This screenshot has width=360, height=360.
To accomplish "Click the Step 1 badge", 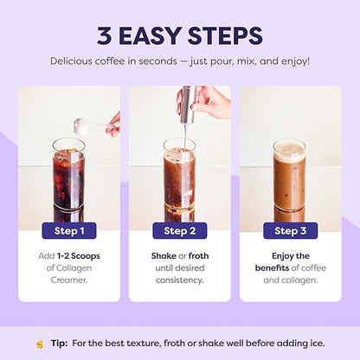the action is pyautogui.click(x=69, y=231).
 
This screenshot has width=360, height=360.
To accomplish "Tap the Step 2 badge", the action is pyautogui.click(x=180, y=231).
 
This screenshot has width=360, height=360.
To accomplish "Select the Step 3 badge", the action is pyautogui.click(x=291, y=231).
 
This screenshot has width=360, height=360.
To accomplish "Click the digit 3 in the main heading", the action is pyautogui.click(x=104, y=35).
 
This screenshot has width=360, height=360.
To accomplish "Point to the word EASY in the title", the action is pyautogui.click(x=150, y=35).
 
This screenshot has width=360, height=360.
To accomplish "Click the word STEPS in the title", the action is pyautogui.click(x=225, y=35).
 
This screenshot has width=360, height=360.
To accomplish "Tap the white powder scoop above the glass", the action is pyautogui.click(x=80, y=126).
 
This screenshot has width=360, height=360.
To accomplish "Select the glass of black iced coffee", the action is pyautogui.click(x=69, y=174).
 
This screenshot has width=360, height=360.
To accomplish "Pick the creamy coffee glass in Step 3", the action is pyautogui.click(x=289, y=175).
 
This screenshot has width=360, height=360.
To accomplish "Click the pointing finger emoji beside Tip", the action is pyautogui.click(x=40, y=344).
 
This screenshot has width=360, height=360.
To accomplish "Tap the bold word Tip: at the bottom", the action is pyautogui.click(x=60, y=344).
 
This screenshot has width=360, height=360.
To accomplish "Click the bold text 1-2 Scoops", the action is pyautogui.click(x=79, y=256).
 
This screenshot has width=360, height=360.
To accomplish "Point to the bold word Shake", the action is pyautogui.click(x=164, y=256).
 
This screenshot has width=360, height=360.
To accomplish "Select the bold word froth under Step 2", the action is pyautogui.click(x=198, y=256).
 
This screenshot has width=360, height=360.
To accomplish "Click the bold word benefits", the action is pyautogui.click(x=272, y=268).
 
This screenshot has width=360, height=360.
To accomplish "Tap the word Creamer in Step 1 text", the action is pyautogui.click(x=68, y=280).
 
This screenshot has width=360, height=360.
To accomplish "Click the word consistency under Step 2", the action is pyautogui.click(x=179, y=280).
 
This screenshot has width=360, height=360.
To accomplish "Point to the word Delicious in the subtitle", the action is pyautogui.click(x=71, y=61).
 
